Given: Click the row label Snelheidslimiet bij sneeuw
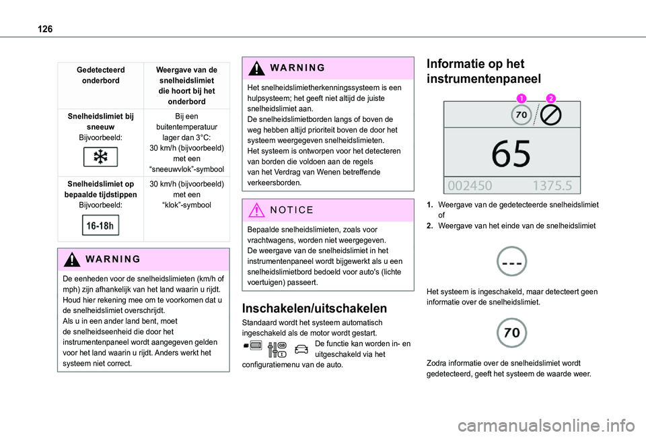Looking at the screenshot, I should tap(101, 121).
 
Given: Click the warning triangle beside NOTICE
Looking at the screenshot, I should tap(256, 210).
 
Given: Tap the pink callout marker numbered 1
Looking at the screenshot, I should tap(521, 98).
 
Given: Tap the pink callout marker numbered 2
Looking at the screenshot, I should tap(551, 98).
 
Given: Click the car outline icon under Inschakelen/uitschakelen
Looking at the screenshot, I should tap(302, 347).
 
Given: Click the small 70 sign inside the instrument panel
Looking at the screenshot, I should tap(520, 116).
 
